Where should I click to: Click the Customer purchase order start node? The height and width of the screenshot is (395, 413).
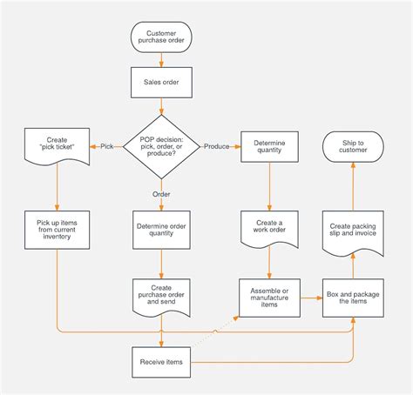tap(161, 37)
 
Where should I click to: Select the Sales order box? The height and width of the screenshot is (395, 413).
tap(161, 83)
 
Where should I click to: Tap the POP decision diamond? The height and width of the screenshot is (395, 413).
tap(161, 145)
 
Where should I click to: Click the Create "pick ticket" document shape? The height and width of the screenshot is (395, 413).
tap(57, 145)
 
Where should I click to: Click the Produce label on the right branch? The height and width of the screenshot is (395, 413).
tap(216, 146)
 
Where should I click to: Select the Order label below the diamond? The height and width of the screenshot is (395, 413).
tap(161, 194)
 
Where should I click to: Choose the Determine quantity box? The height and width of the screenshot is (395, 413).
tap(269, 145)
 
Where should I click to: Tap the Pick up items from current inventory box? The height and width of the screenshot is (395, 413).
tap(57, 229)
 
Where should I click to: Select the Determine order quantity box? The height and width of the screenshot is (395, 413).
tap(161, 229)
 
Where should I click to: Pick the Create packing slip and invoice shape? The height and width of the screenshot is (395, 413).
tap(353, 229)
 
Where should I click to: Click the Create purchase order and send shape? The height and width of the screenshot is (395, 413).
tap(161, 296)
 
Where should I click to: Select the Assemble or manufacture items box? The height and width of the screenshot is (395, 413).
tap(269, 298)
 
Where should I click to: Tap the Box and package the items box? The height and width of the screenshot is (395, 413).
tap(353, 298)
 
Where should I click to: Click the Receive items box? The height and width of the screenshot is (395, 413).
tap(161, 362)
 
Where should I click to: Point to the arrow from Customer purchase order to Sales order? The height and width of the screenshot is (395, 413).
tap(161, 60)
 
